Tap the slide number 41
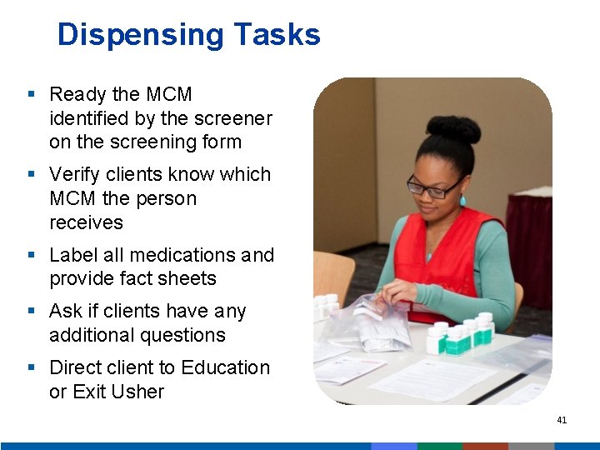coord(562,420)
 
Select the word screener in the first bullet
coord(234,118)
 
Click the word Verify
coord(77,174)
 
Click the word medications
coord(182,254)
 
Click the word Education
coord(225,367)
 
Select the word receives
coord(86,222)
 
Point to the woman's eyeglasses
coord(434,187)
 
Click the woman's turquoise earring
coord(462,201)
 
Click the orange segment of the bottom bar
coord(485,446)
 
